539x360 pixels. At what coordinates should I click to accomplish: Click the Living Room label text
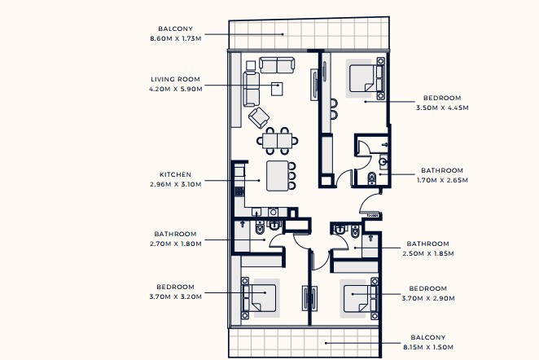(x=175, y=79)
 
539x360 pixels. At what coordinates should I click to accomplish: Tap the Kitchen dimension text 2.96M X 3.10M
(x=176, y=184)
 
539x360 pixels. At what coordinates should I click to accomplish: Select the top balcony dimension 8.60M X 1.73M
(x=176, y=38)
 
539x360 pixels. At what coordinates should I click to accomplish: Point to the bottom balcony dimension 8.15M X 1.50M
(x=428, y=347)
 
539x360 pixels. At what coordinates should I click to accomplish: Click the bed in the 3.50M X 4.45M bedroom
(x=366, y=78)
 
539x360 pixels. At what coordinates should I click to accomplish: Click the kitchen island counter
(x=278, y=176)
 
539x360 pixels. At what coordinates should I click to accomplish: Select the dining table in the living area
(x=278, y=141)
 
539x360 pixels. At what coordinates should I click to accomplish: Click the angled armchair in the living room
(x=259, y=117)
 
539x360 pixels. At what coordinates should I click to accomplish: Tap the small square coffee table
(x=277, y=89)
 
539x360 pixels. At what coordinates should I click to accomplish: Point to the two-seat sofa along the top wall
(x=277, y=65)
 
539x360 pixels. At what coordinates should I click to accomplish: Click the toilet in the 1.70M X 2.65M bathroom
(x=372, y=178)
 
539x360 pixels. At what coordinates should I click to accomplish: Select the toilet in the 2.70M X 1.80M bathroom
(x=260, y=227)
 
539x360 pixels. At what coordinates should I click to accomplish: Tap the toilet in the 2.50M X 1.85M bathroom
(x=355, y=231)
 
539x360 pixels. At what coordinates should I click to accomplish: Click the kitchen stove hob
(x=239, y=192)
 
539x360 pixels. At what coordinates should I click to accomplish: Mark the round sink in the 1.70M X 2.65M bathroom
(x=383, y=161)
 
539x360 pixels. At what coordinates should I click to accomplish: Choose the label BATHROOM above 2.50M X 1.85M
(x=428, y=244)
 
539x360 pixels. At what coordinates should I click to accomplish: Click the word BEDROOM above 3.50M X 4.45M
(x=442, y=98)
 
